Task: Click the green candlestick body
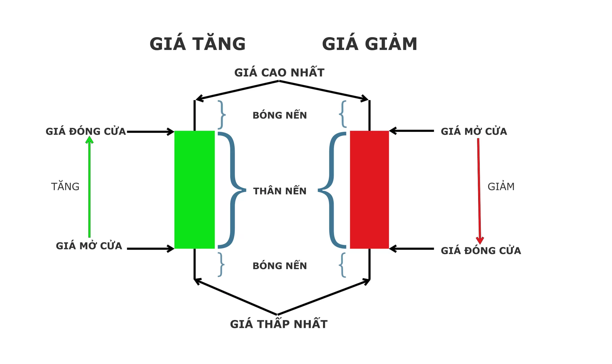(194, 189)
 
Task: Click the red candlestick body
(369, 189)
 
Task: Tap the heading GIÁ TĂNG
(198, 44)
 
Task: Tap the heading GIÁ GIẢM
(370, 44)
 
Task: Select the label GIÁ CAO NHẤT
(279, 73)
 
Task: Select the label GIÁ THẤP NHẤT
(279, 324)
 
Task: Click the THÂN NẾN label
(280, 191)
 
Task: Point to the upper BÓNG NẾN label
(280, 115)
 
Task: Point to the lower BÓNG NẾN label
(280, 266)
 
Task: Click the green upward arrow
(89, 188)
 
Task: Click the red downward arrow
(479, 191)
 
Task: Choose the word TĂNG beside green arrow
(65, 187)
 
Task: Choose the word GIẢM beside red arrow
(501, 187)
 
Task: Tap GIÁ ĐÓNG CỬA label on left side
(85, 132)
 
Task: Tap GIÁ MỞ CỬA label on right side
(474, 132)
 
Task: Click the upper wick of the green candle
(195, 115)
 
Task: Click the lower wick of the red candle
(370, 264)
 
